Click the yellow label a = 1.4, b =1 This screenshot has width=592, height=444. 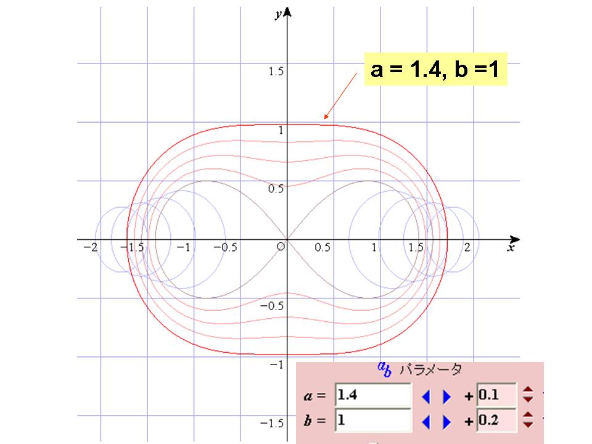pos(435,69)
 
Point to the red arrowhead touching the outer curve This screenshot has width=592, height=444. pos(326,117)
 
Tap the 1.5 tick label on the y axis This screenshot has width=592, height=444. pos(276,71)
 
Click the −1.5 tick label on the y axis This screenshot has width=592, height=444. pos(272,423)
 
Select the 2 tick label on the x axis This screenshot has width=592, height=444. pos(467,247)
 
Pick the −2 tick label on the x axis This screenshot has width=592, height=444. pos(91,247)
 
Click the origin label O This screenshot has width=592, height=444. pos(281,247)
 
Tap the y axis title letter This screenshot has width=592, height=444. pos(278,14)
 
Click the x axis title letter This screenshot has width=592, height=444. pos(511,248)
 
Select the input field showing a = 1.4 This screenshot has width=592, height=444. pos(373,395)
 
